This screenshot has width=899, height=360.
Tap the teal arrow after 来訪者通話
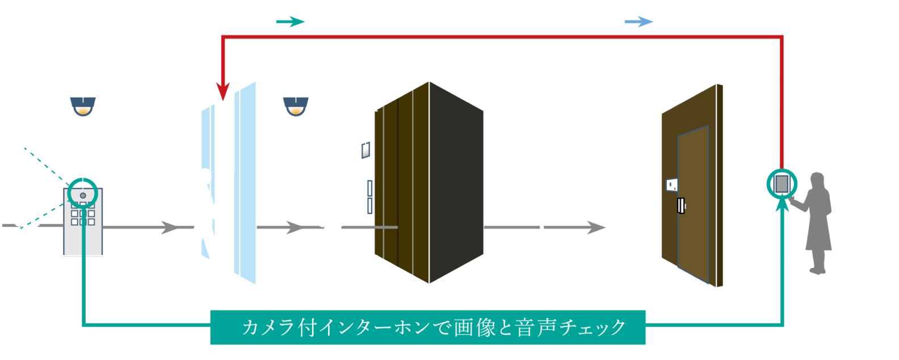coord(290,22)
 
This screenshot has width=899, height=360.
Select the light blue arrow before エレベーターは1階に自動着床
coord(639,22)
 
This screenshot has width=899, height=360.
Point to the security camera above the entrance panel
coord(83,106)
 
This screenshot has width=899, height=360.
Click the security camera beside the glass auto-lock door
coord(296,106)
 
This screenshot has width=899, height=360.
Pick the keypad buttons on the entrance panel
coord(83,216)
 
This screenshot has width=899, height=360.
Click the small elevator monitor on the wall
coord(366,149)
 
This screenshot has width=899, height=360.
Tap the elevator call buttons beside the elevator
coord(370,196)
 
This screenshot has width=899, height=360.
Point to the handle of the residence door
coord(681,206)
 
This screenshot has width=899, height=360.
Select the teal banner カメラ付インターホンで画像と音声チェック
coord(427,328)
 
